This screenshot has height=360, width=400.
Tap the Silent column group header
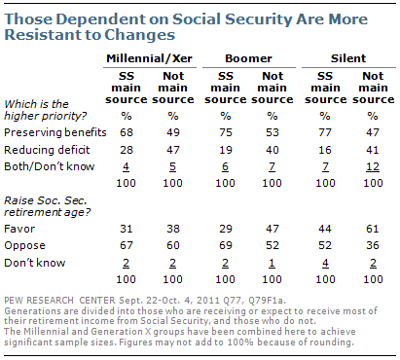(345, 58)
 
